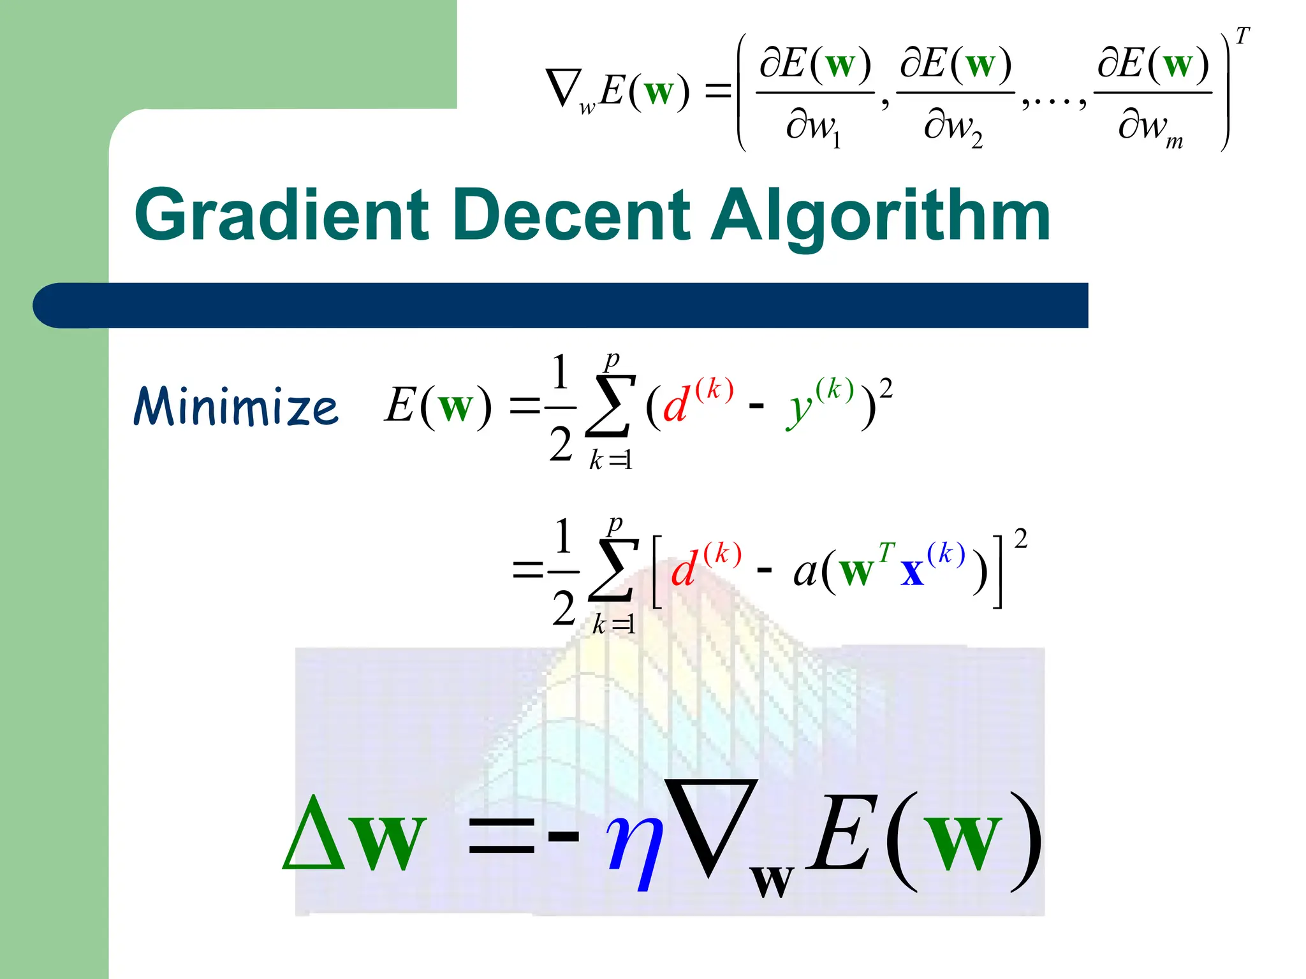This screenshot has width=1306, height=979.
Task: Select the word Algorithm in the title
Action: pos(880,217)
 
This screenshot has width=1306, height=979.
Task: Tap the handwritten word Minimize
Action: pos(236,406)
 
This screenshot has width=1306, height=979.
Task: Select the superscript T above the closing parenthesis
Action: pos(1242,36)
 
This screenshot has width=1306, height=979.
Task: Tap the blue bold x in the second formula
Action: pos(913,570)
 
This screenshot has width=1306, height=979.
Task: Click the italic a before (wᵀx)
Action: pos(805,570)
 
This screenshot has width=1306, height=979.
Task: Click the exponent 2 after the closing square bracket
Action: pos(1020,539)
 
